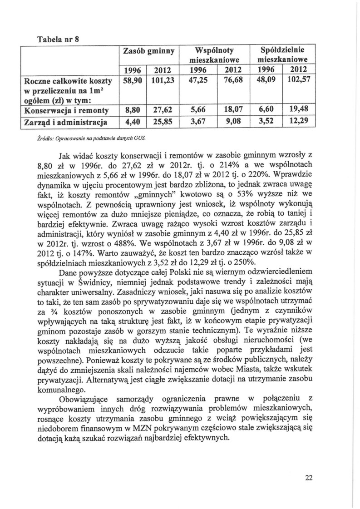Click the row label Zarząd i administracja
pos(69,122)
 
